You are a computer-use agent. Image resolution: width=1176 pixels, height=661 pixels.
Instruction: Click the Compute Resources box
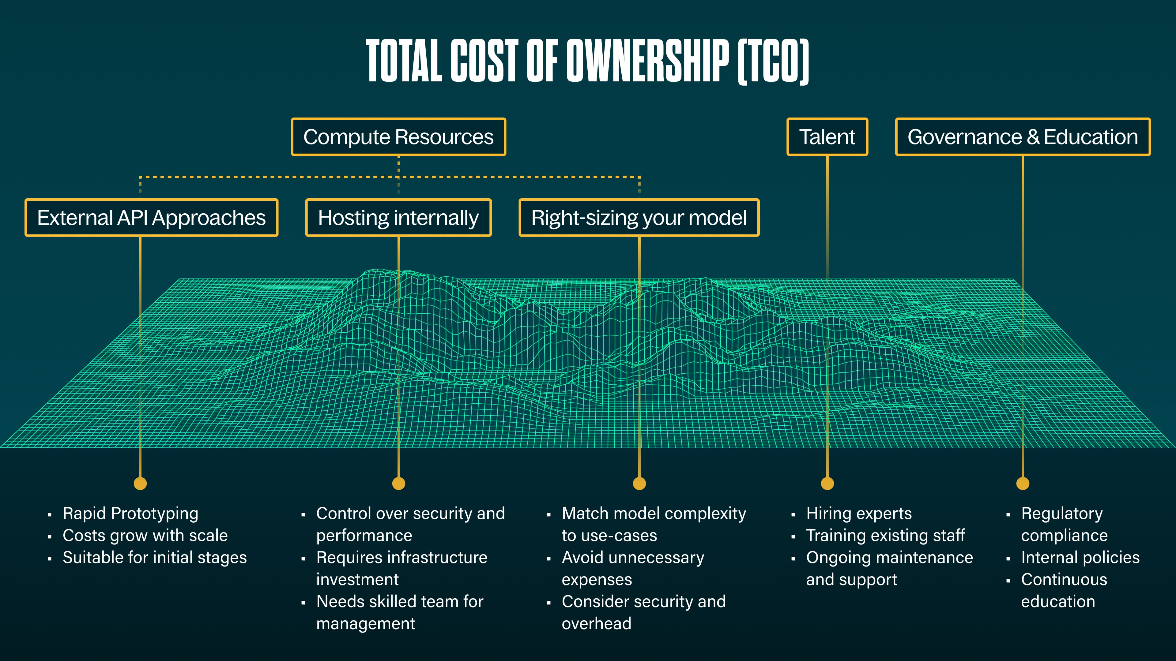(x=398, y=137)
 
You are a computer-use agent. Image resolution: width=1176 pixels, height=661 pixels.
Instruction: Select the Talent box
(x=827, y=137)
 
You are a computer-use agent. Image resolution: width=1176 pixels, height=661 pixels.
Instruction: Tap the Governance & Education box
(x=1023, y=137)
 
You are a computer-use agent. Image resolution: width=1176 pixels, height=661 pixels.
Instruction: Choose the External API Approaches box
(x=151, y=218)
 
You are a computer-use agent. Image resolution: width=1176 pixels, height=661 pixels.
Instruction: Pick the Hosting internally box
(x=398, y=218)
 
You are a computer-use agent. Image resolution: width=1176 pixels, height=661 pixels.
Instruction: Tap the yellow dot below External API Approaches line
(x=140, y=483)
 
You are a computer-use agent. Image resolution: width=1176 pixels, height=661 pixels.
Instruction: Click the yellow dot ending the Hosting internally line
(x=398, y=483)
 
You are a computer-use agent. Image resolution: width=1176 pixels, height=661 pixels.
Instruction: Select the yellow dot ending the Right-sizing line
(x=639, y=483)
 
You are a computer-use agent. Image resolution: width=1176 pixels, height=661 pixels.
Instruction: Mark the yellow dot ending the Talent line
(x=827, y=483)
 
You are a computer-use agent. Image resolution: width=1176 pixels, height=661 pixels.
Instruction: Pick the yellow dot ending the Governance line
(x=1023, y=483)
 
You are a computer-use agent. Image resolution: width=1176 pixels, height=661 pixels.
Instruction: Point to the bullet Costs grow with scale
(x=145, y=536)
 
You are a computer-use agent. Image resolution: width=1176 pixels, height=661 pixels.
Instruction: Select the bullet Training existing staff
(x=885, y=536)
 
